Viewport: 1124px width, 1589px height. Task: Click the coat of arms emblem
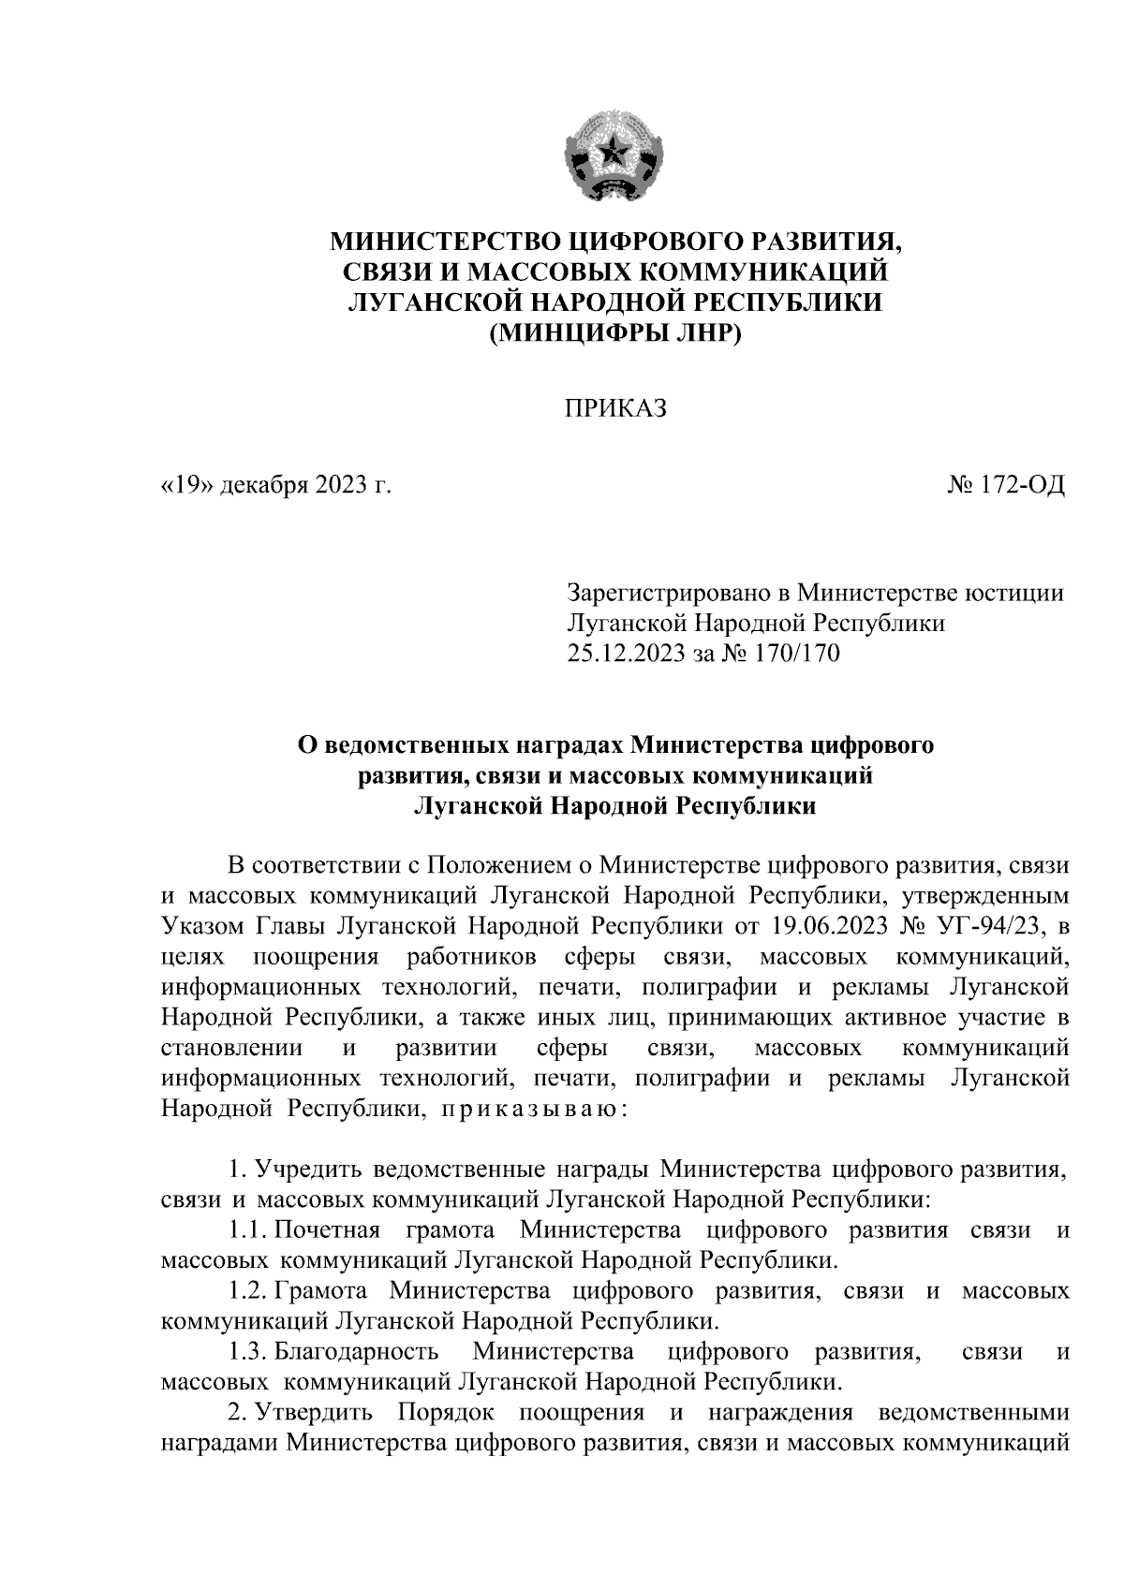(614, 156)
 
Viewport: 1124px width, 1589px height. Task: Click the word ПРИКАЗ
(614, 408)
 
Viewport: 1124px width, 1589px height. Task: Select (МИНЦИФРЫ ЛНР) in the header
(614, 332)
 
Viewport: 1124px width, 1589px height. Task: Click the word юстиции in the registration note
(1018, 593)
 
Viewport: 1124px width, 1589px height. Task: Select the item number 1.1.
(247, 1229)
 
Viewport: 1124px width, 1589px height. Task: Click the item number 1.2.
(247, 1292)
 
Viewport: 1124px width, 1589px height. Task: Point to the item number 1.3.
(247, 1351)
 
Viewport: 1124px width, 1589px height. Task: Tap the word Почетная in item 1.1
(328, 1229)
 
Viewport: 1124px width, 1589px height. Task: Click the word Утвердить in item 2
(317, 1412)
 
